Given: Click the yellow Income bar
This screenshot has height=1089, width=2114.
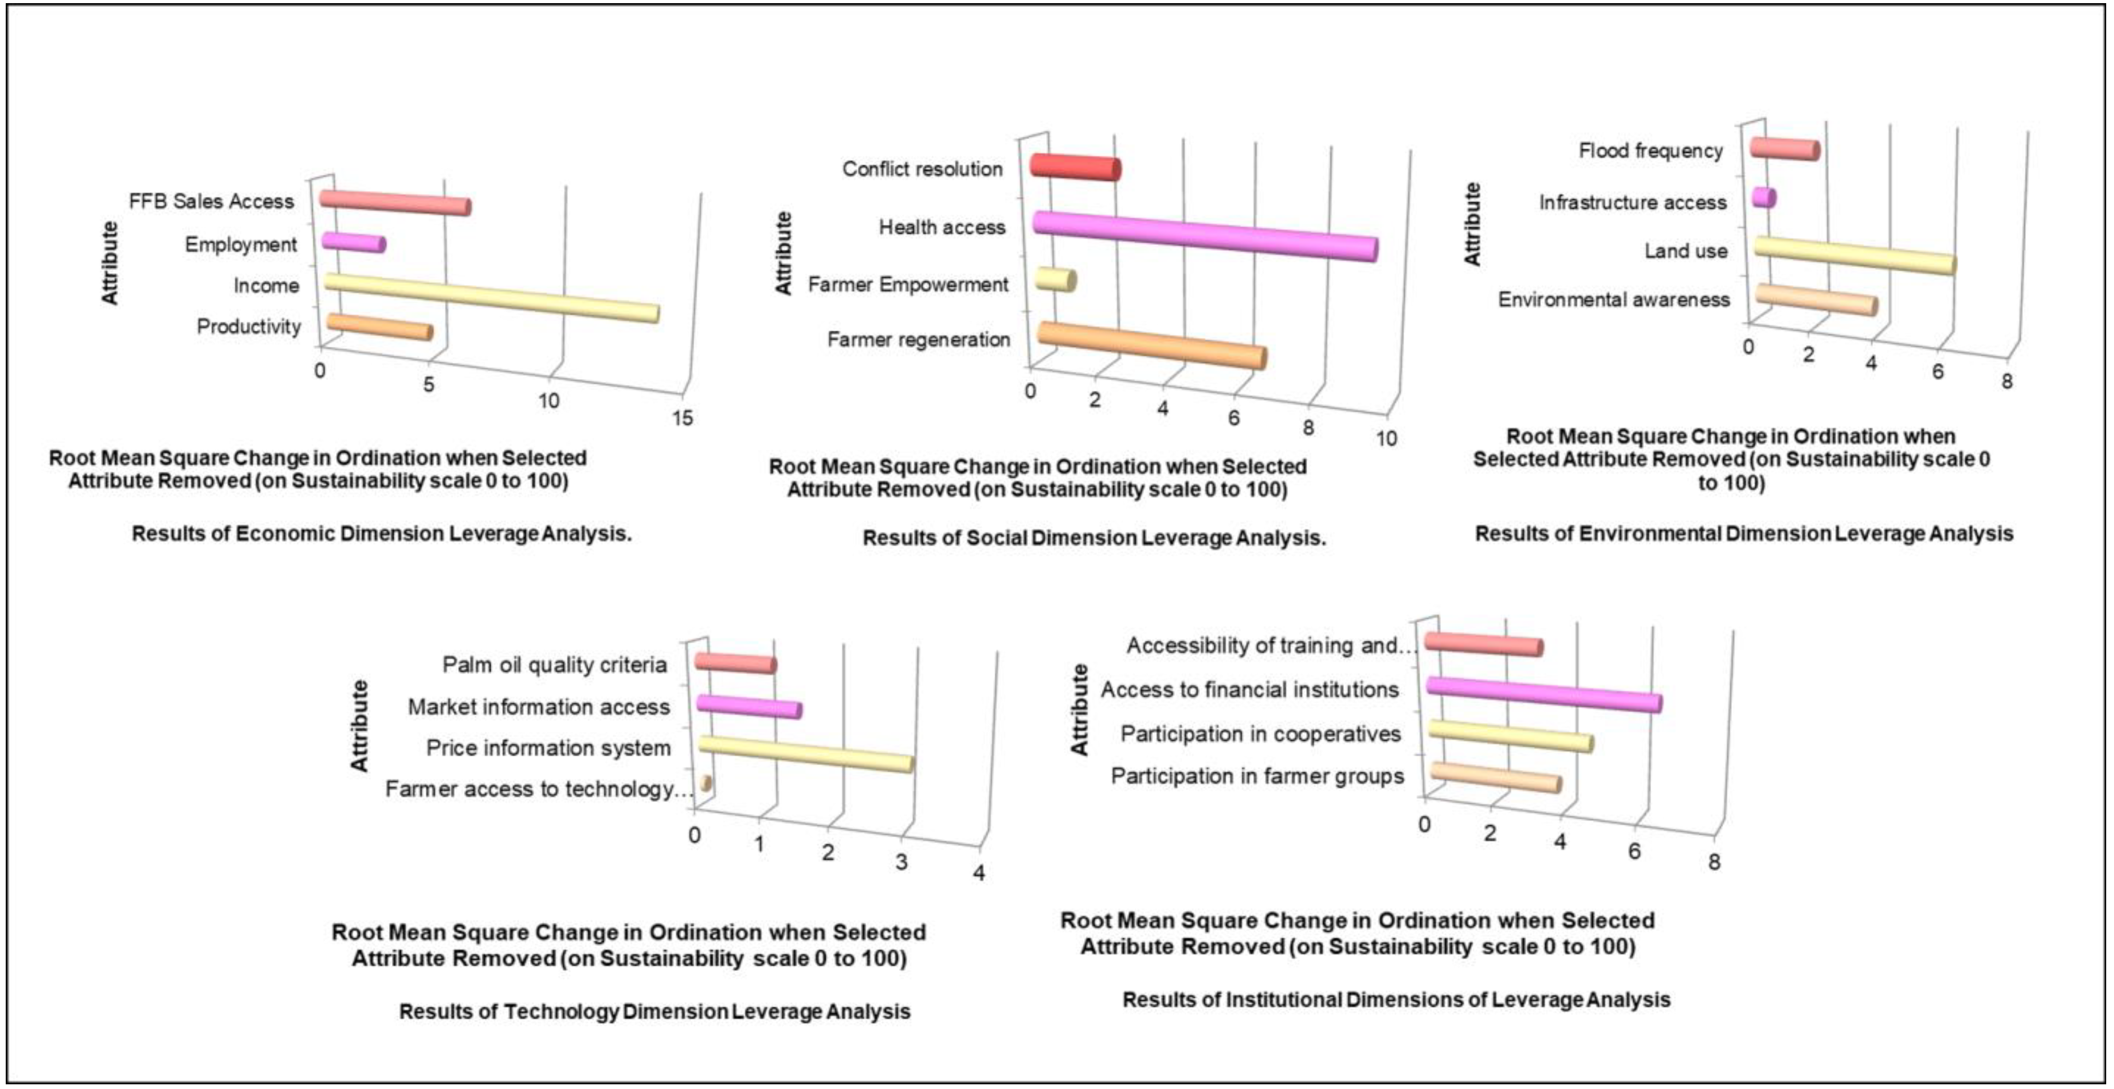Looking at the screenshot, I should [491, 298].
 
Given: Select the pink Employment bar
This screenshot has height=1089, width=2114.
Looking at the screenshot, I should [353, 243].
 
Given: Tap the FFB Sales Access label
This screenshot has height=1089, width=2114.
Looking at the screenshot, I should [211, 201].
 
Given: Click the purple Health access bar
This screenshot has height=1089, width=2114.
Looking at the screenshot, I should [1204, 236].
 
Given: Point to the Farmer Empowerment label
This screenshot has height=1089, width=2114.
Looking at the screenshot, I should [907, 285].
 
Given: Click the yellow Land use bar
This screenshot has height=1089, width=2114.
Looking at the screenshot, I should [1854, 255].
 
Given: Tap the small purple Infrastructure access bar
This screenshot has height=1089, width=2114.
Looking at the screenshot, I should [1763, 198].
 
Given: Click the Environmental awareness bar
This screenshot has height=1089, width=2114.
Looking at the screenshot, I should [1815, 300].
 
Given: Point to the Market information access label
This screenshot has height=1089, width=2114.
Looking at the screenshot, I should [538, 706].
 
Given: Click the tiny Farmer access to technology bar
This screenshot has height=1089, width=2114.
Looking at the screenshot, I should [706, 784].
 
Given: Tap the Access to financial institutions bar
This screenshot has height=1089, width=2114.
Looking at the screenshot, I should [1544, 694].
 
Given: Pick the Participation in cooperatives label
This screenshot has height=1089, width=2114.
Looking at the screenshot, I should [1260, 733].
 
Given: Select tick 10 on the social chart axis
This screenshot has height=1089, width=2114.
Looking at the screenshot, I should [1386, 439].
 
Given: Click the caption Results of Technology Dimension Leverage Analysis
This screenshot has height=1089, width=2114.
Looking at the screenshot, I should [654, 1011].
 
